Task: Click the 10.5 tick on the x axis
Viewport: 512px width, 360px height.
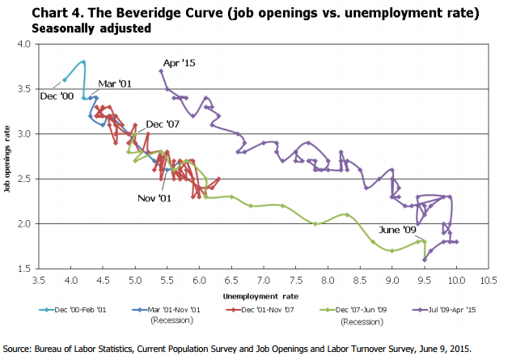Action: click(488, 280)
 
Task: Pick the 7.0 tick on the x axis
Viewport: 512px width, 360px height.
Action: click(264, 280)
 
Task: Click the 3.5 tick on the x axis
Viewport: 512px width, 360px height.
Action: click(39, 280)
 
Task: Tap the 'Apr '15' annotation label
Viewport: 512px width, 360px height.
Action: click(180, 62)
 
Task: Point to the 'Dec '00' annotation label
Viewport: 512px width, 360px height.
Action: click(56, 95)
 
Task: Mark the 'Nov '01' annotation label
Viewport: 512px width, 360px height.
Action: click(154, 197)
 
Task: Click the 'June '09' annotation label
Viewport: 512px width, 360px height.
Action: click(397, 229)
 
